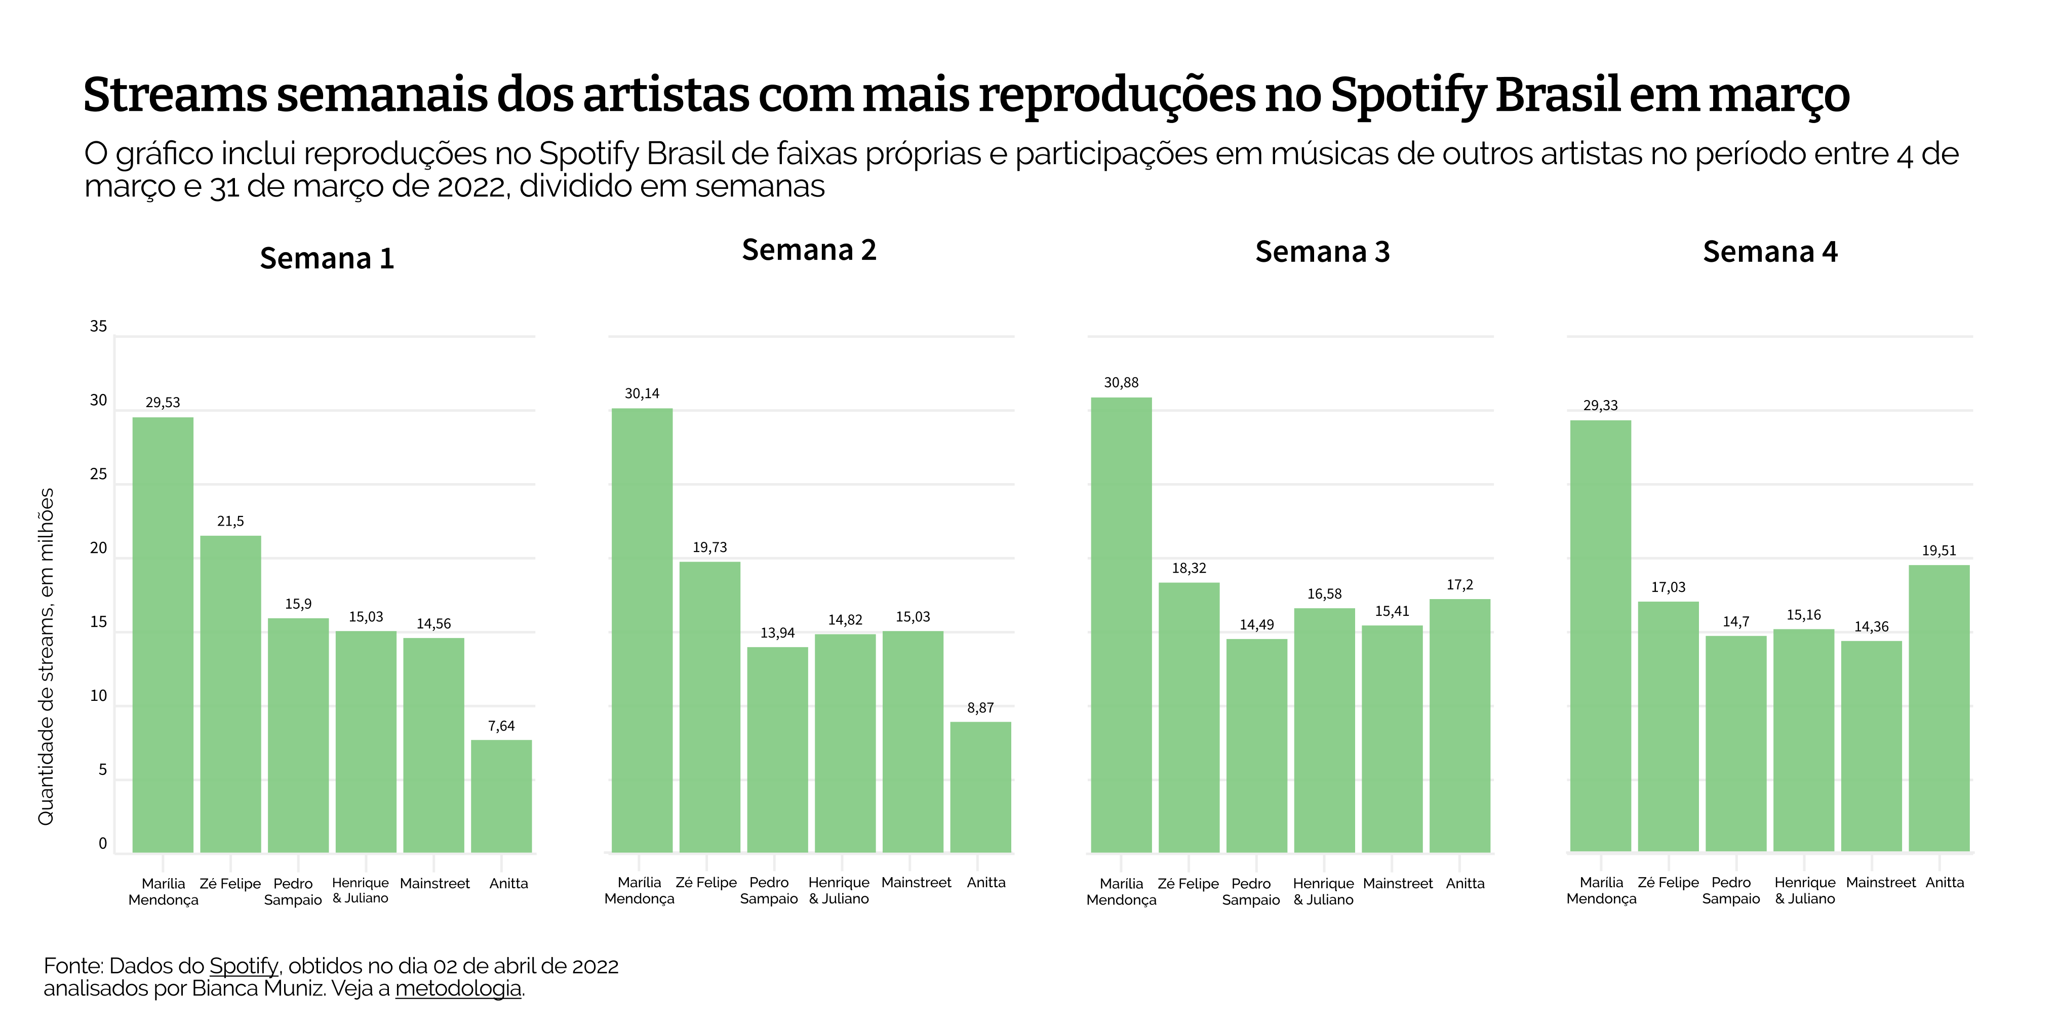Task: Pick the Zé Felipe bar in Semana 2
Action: (x=709, y=707)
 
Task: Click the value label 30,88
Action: (x=1121, y=383)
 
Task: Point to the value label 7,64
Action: (x=501, y=726)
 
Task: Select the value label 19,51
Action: (x=1939, y=550)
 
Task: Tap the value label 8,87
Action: (x=980, y=707)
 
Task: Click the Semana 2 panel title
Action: (x=809, y=250)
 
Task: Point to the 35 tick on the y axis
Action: (x=98, y=326)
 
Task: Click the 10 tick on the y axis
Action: (x=98, y=696)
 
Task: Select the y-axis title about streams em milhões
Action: (x=47, y=657)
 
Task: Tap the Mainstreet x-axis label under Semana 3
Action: (x=1397, y=884)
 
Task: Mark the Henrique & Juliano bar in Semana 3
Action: (x=1324, y=730)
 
